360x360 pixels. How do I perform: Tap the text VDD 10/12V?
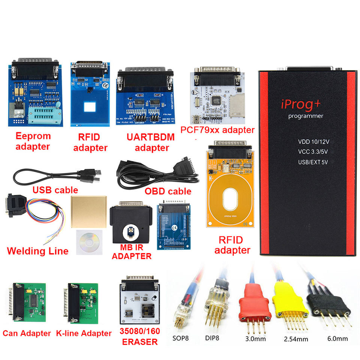tap(313, 142)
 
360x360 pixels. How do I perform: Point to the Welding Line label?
tap(37, 251)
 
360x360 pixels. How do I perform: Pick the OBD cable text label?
tap(168, 191)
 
